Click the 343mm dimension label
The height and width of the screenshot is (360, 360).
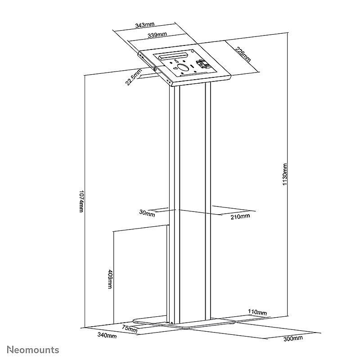click(144, 25)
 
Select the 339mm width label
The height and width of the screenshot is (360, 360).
click(157, 35)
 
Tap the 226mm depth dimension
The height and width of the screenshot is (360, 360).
click(243, 54)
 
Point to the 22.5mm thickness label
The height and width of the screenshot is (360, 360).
click(134, 77)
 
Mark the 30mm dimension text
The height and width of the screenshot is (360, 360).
click(147, 213)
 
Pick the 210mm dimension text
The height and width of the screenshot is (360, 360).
click(240, 216)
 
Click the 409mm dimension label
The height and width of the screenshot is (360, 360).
click(110, 279)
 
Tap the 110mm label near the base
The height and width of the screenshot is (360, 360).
click(257, 312)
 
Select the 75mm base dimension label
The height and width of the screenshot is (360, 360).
click(130, 329)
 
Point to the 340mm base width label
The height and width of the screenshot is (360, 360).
click(107, 335)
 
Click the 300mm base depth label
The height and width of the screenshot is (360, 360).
click(293, 338)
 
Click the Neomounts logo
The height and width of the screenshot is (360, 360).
click(33, 350)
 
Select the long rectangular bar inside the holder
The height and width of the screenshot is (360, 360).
click(172, 56)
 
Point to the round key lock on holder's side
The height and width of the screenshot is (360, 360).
click(155, 69)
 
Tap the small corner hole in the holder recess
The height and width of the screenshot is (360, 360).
click(192, 51)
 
